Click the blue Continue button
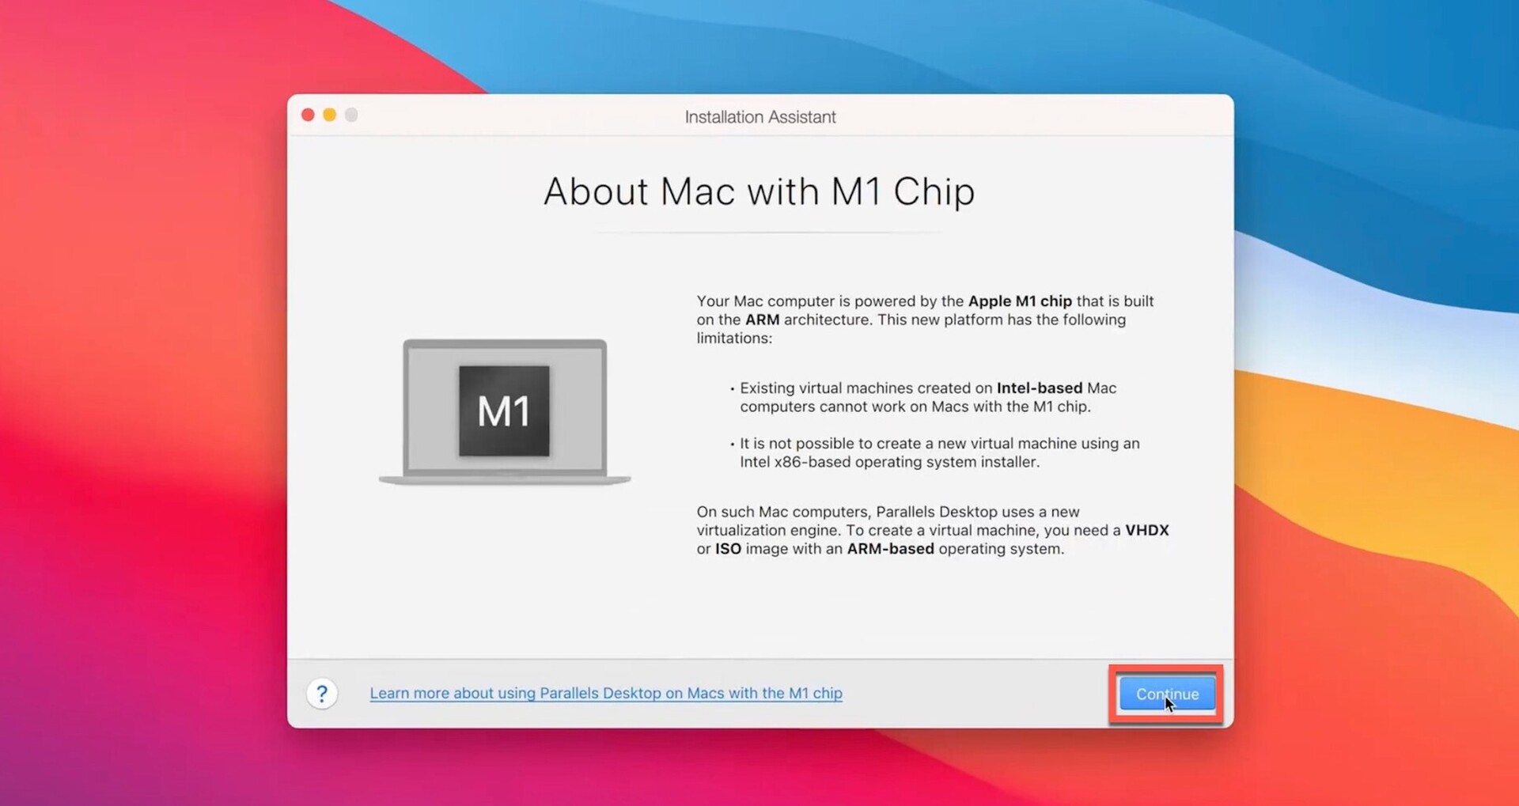pos(1167,694)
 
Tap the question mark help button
pos(322,694)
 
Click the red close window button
pos(308,115)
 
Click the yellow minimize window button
pos(330,115)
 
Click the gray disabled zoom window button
pos(351,115)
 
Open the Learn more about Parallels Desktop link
pos(606,693)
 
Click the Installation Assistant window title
pos(760,117)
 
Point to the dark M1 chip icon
pos(504,411)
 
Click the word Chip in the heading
pos(934,192)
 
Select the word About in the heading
pos(596,192)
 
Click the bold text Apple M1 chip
pos(1020,301)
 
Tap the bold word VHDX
pos(1147,530)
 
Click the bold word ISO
pos(728,549)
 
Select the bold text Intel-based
pos(1040,388)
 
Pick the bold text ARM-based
pos(890,549)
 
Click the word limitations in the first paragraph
pos(734,339)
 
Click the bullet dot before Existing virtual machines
pos(732,389)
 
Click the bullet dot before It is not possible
pos(732,445)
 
